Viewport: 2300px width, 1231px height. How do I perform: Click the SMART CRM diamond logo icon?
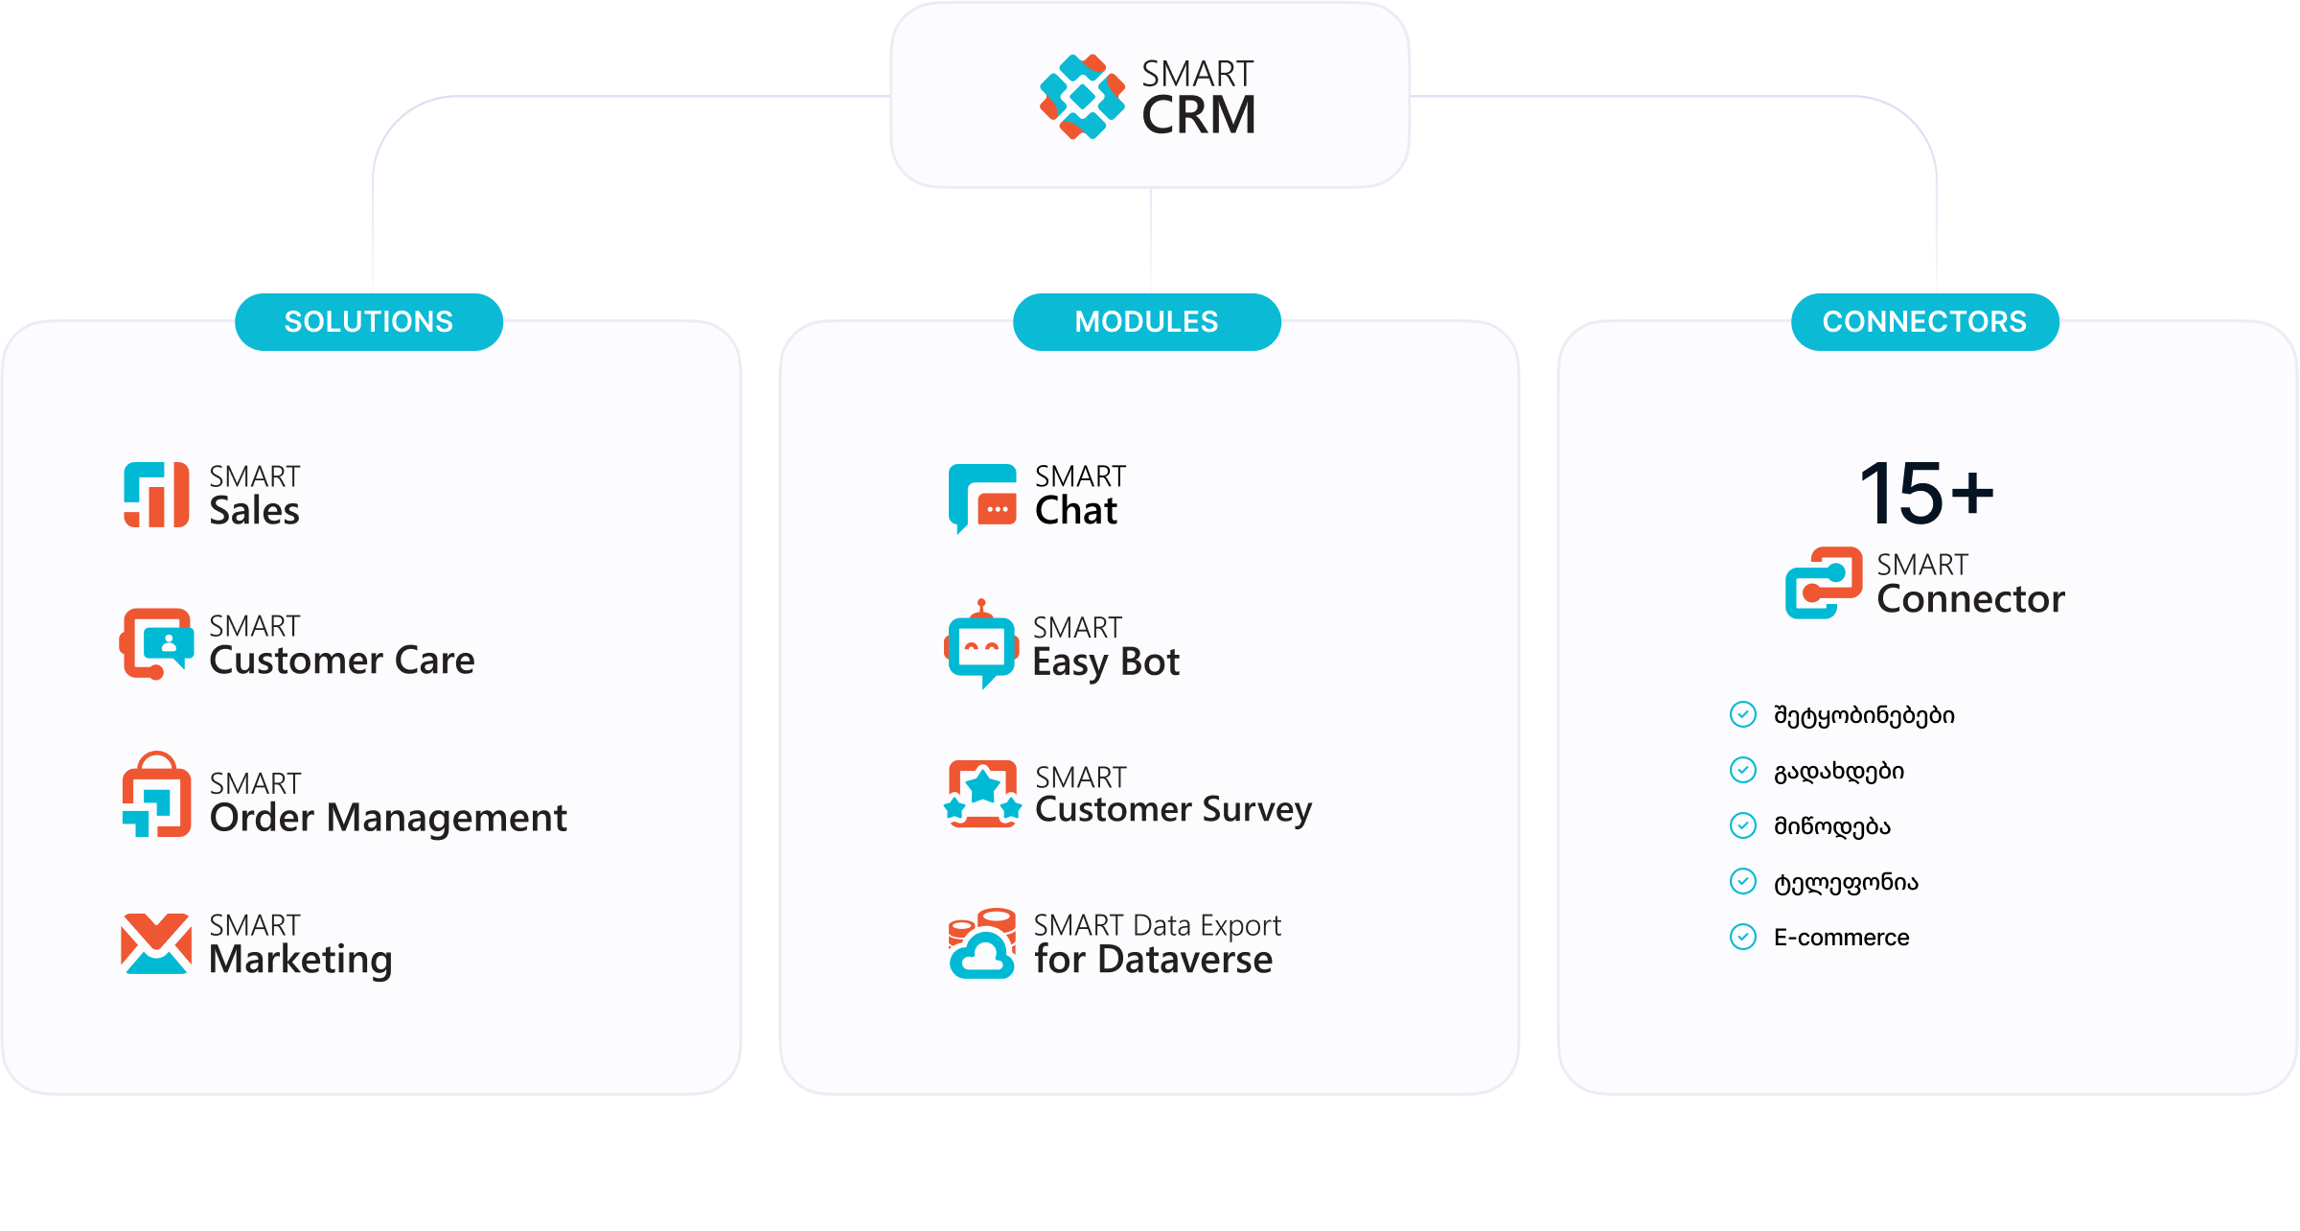1082,97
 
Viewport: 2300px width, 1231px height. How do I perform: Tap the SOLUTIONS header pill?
369,322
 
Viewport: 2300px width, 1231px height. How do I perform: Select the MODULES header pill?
1146,322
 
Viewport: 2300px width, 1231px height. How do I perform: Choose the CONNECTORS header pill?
1924,322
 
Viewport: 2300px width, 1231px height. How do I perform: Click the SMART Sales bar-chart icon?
156,495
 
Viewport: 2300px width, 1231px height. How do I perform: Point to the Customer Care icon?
156,643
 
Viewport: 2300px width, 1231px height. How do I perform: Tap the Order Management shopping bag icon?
156,796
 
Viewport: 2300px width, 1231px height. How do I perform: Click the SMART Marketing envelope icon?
156,944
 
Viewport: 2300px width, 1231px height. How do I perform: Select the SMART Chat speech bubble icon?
982,498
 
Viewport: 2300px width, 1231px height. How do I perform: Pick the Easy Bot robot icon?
981,645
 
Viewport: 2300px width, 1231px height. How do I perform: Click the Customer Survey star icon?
982,794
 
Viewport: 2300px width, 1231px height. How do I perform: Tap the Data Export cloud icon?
982,944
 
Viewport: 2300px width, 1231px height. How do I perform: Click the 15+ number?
1925,494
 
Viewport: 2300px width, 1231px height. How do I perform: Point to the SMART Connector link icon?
1824,583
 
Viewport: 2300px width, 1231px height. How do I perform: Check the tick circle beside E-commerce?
1743,937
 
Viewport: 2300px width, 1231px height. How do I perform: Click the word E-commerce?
1841,938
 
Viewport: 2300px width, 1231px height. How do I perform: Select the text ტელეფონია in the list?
1846,882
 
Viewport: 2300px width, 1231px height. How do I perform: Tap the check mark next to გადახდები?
1743,770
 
